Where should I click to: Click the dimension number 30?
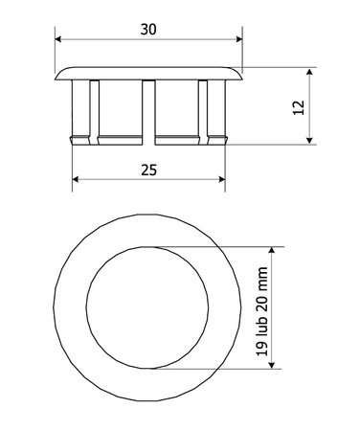pyautogui.click(x=148, y=30)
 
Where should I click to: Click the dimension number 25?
pyautogui.click(x=148, y=170)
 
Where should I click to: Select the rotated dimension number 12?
pyautogui.click(x=299, y=107)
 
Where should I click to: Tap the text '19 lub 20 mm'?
pyautogui.click(x=262, y=311)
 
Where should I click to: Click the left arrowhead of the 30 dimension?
pyautogui.click(x=58, y=39)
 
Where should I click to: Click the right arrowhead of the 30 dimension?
pyautogui.click(x=239, y=39)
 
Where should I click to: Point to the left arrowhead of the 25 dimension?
pyautogui.click(x=76, y=179)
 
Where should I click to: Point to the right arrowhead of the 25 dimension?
pyautogui.click(x=222, y=179)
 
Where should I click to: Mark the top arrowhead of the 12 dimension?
pyautogui.click(x=309, y=72)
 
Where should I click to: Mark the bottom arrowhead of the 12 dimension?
pyautogui.click(x=309, y=141)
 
